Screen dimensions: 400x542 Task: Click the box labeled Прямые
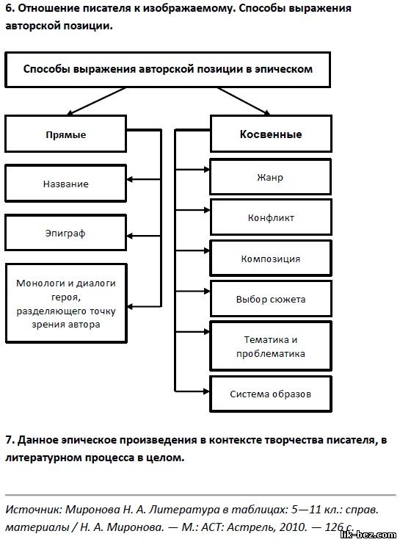pos(65,134)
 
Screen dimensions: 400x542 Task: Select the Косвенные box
pos(271,134)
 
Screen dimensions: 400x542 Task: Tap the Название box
pos(65,184)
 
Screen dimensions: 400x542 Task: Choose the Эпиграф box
pos(65,233)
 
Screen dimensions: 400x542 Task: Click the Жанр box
pos(271,177)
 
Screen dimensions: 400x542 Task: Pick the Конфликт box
pos(271,217)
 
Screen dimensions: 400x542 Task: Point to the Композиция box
pos(271,259)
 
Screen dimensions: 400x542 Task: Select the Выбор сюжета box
pos(271,299)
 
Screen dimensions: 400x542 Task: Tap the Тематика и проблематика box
pos(271,346)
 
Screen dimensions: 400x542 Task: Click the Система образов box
pos(271,394)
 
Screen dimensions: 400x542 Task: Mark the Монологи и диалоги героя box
pos(66,303)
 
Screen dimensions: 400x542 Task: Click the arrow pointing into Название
pos(144,179)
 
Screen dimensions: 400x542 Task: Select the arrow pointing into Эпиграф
pos(144,236)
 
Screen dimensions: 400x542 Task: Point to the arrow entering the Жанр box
pos(192,170)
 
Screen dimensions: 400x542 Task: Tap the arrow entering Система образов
pos(192,391)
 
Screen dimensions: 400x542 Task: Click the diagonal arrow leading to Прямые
pos(96,101)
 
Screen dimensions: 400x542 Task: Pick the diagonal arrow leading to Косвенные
pos(244,101)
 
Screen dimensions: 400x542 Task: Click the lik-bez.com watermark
pos(368,535)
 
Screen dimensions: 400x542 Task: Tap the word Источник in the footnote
pos(34,510)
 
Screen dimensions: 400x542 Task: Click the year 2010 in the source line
pos(293,527)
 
